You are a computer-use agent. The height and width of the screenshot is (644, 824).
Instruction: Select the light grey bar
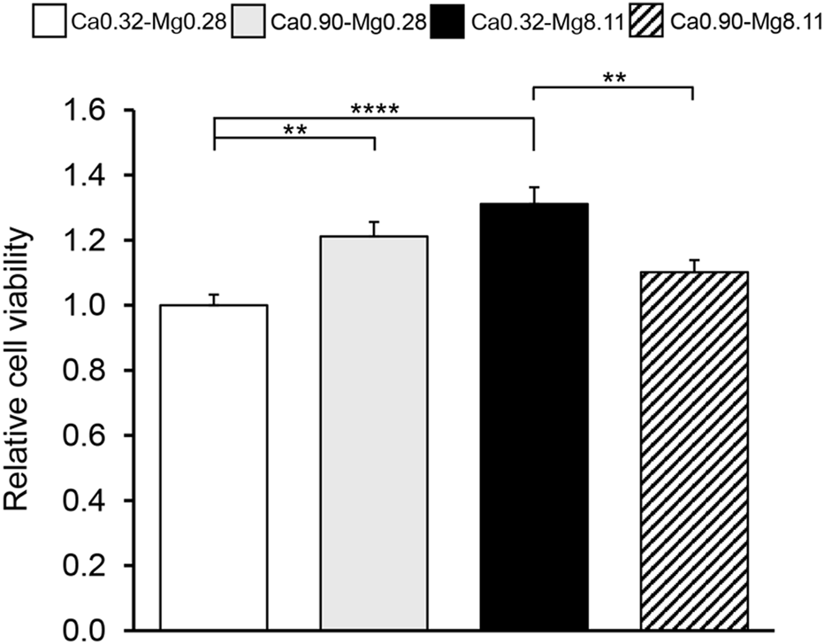pyautogui.click(x=374, y=433)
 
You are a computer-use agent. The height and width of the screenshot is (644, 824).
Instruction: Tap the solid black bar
pyautogui.click(x=534, y=417)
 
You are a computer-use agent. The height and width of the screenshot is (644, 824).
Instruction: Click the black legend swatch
pyautogui.click(x=450, y=19)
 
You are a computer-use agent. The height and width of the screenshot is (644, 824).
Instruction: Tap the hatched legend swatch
pyautogui.click(x=650, y=19)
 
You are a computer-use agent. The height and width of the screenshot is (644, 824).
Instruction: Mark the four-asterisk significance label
pyautogui.click(x=375, y=111)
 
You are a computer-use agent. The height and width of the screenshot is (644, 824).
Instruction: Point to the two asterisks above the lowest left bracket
pyautogui.click(x=295, y=130)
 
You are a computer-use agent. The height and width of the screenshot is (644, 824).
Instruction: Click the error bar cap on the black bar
pyautogui.click(x=534, y=188)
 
